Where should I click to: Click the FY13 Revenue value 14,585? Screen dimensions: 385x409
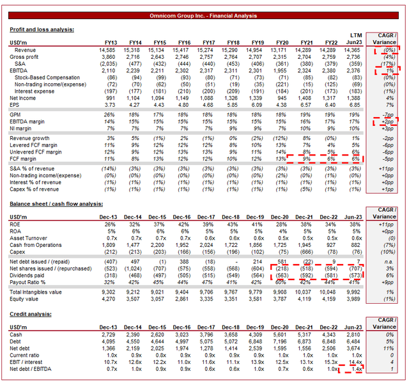point(107,50)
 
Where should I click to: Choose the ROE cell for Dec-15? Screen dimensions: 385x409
point(160,224)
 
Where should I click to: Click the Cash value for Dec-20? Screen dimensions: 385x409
point(281,334)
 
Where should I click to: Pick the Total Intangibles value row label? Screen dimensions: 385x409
point(40,292)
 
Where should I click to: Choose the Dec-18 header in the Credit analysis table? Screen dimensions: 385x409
point(231,327)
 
